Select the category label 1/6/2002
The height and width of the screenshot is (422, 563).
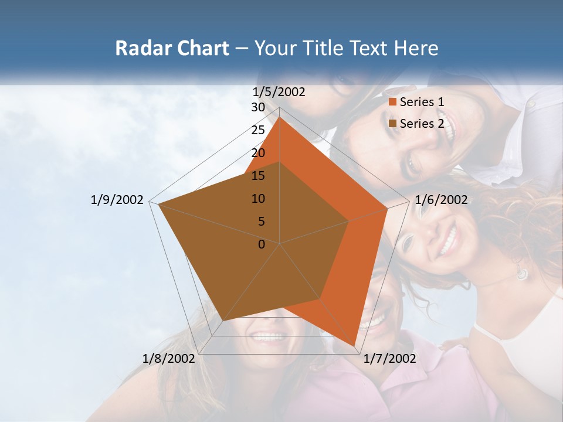[x=441, y=200]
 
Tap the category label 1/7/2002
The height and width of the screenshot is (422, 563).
[x=389, y=358]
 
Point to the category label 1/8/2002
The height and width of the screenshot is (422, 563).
[x=169, y=358]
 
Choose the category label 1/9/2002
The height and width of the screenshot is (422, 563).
[x=117, y=200]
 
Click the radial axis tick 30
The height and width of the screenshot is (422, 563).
[x=258, y=107]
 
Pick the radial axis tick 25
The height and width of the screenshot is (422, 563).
[x=258, y=130]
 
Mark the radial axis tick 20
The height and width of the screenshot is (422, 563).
[x=258, y=153]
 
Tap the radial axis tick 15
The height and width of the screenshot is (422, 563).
[x=258, y=176]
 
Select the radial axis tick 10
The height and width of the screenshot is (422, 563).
[x=258, y=199]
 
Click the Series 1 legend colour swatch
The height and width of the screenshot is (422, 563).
[x=393, y=102]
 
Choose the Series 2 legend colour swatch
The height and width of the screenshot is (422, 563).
[x=393, y=123]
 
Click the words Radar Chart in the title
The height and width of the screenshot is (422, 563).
[x=172, y=48]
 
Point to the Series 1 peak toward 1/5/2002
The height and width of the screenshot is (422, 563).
[x=280, y=117]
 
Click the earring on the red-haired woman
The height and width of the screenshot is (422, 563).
[x=521, y=273]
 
